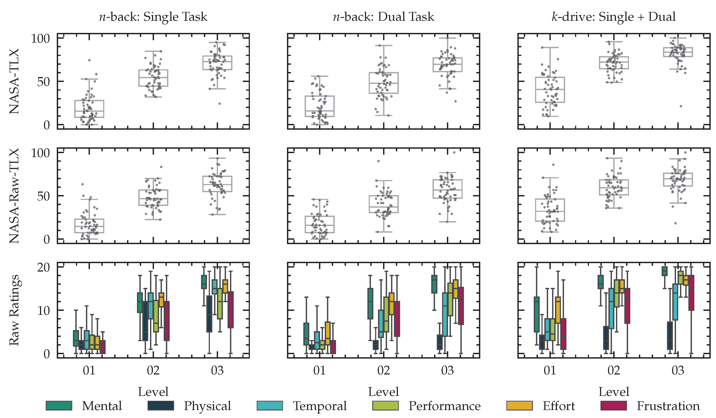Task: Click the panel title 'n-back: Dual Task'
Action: point(383,17)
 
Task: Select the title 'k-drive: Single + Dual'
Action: point(613,17)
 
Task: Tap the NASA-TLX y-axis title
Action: point(14,81)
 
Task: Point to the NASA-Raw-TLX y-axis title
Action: point(14,196)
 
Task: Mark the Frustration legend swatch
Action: point(613,405)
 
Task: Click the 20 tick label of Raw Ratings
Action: point(43,267)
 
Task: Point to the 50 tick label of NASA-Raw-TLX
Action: point(43,196)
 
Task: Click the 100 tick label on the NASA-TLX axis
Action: point(40,38)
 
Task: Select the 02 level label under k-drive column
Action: point(614,370)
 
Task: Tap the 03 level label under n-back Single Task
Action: point(217,370)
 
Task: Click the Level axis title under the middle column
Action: point(383,391)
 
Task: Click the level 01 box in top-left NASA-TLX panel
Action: point(89,109)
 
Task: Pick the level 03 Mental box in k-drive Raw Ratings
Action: point(664,271)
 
